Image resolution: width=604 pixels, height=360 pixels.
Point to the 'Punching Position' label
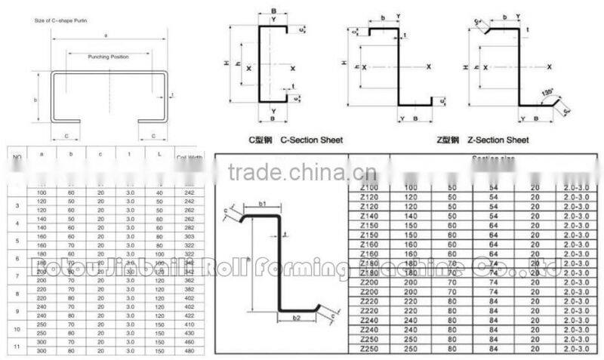point(109,57)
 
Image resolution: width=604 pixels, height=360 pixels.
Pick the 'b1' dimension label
point(263,204)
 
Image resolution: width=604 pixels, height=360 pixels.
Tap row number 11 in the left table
point(17,346)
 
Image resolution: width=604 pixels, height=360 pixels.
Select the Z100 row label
point(369,186)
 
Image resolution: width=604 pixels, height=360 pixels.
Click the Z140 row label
point(369,215)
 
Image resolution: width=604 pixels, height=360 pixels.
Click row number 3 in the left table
point(17,205)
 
